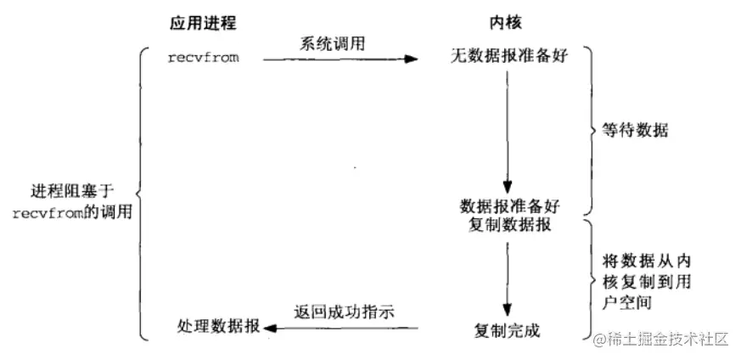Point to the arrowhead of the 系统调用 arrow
click(413, 59)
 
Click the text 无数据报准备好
click(508, 59)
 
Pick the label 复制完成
click(507, 329)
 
